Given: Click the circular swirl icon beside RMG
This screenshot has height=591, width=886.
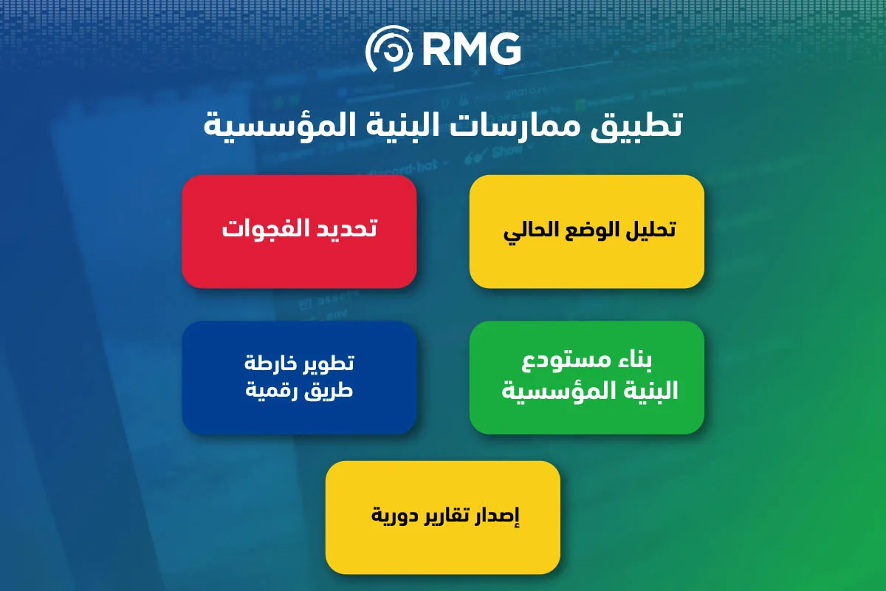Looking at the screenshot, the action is tap(389, 48).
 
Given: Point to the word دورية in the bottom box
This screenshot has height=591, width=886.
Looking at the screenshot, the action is tap(390, 516).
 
